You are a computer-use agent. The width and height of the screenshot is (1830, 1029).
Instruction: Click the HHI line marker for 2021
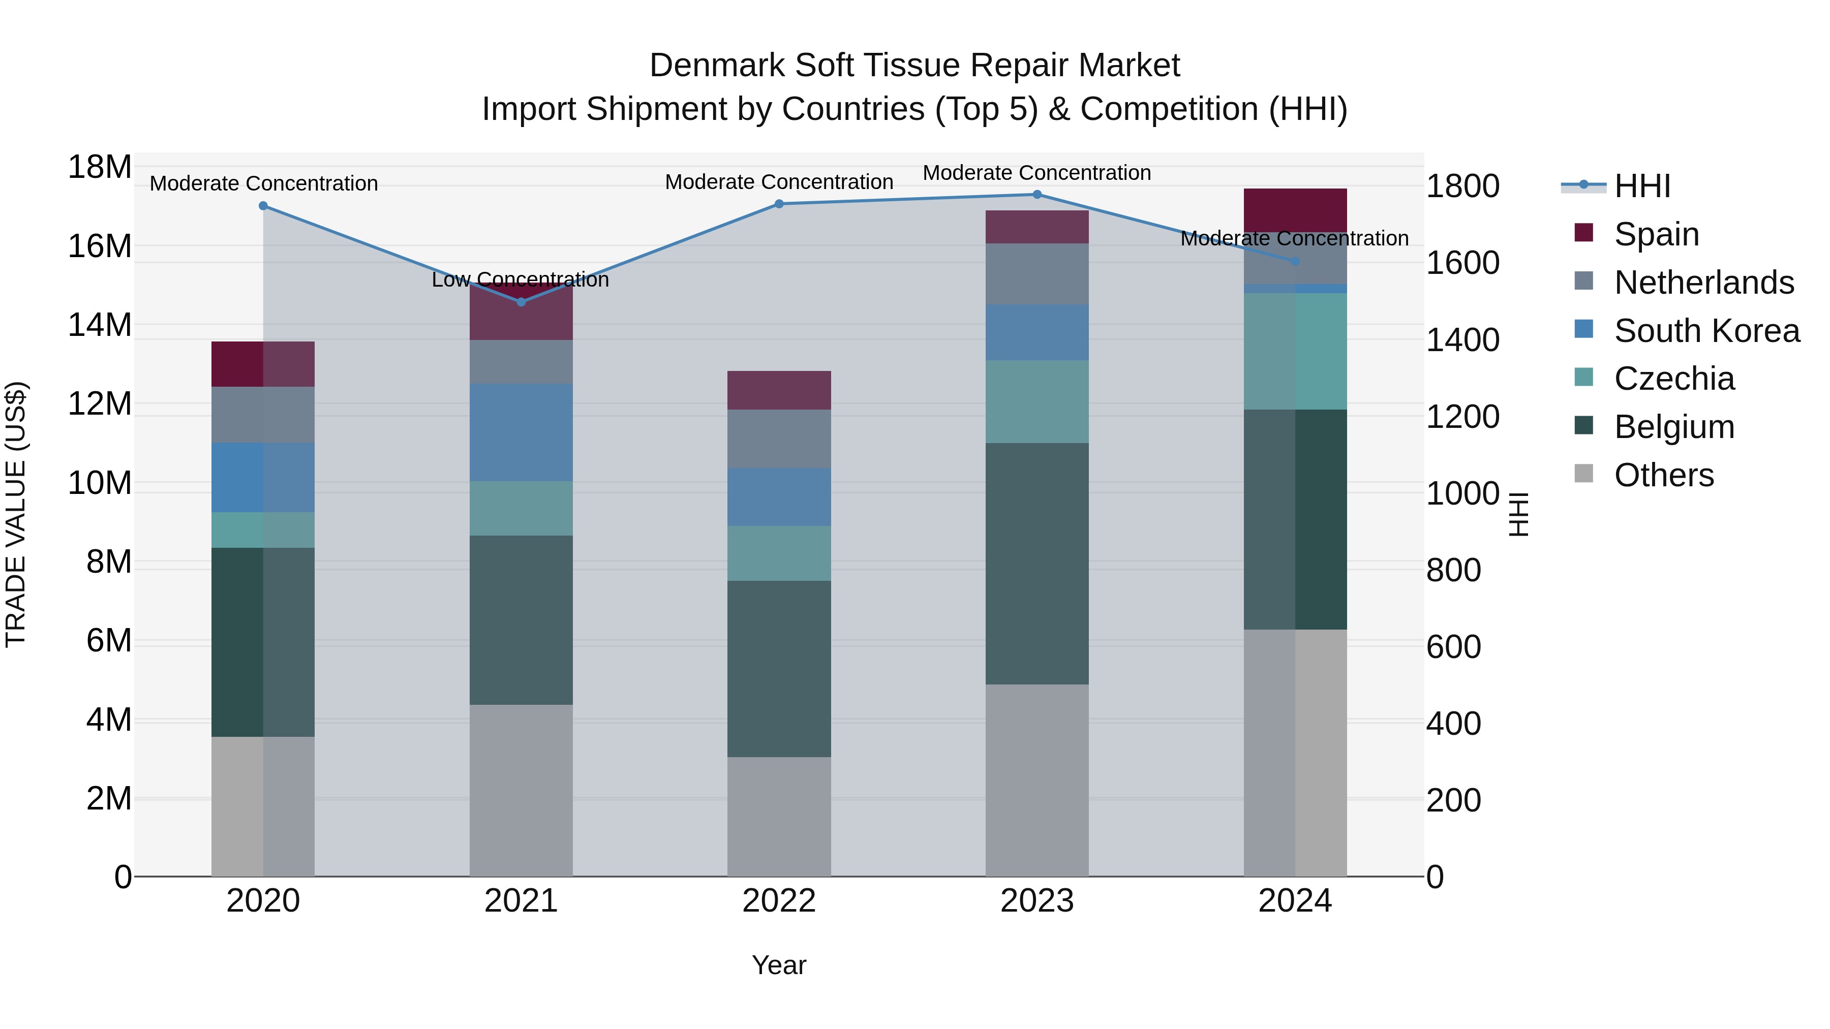coord(521,302)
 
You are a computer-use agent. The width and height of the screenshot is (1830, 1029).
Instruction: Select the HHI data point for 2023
coord(1036,195)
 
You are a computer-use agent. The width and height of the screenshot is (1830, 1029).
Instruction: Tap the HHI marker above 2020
coord(263,206)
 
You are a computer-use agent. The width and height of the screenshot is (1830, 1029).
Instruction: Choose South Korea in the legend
coord(1705,331)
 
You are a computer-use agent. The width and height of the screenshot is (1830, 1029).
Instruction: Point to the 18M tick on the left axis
coord(100,168)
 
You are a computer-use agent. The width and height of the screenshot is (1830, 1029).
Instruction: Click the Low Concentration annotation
coord(520,280)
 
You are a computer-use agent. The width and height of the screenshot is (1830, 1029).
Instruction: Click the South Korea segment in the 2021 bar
coord(521,432)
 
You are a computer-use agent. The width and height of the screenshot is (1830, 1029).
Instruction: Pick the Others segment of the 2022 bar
coord(779,817)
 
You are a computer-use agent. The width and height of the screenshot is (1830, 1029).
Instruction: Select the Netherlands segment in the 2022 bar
coord(779,439)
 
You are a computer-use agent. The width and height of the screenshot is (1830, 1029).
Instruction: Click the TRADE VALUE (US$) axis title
coord(16,514)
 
